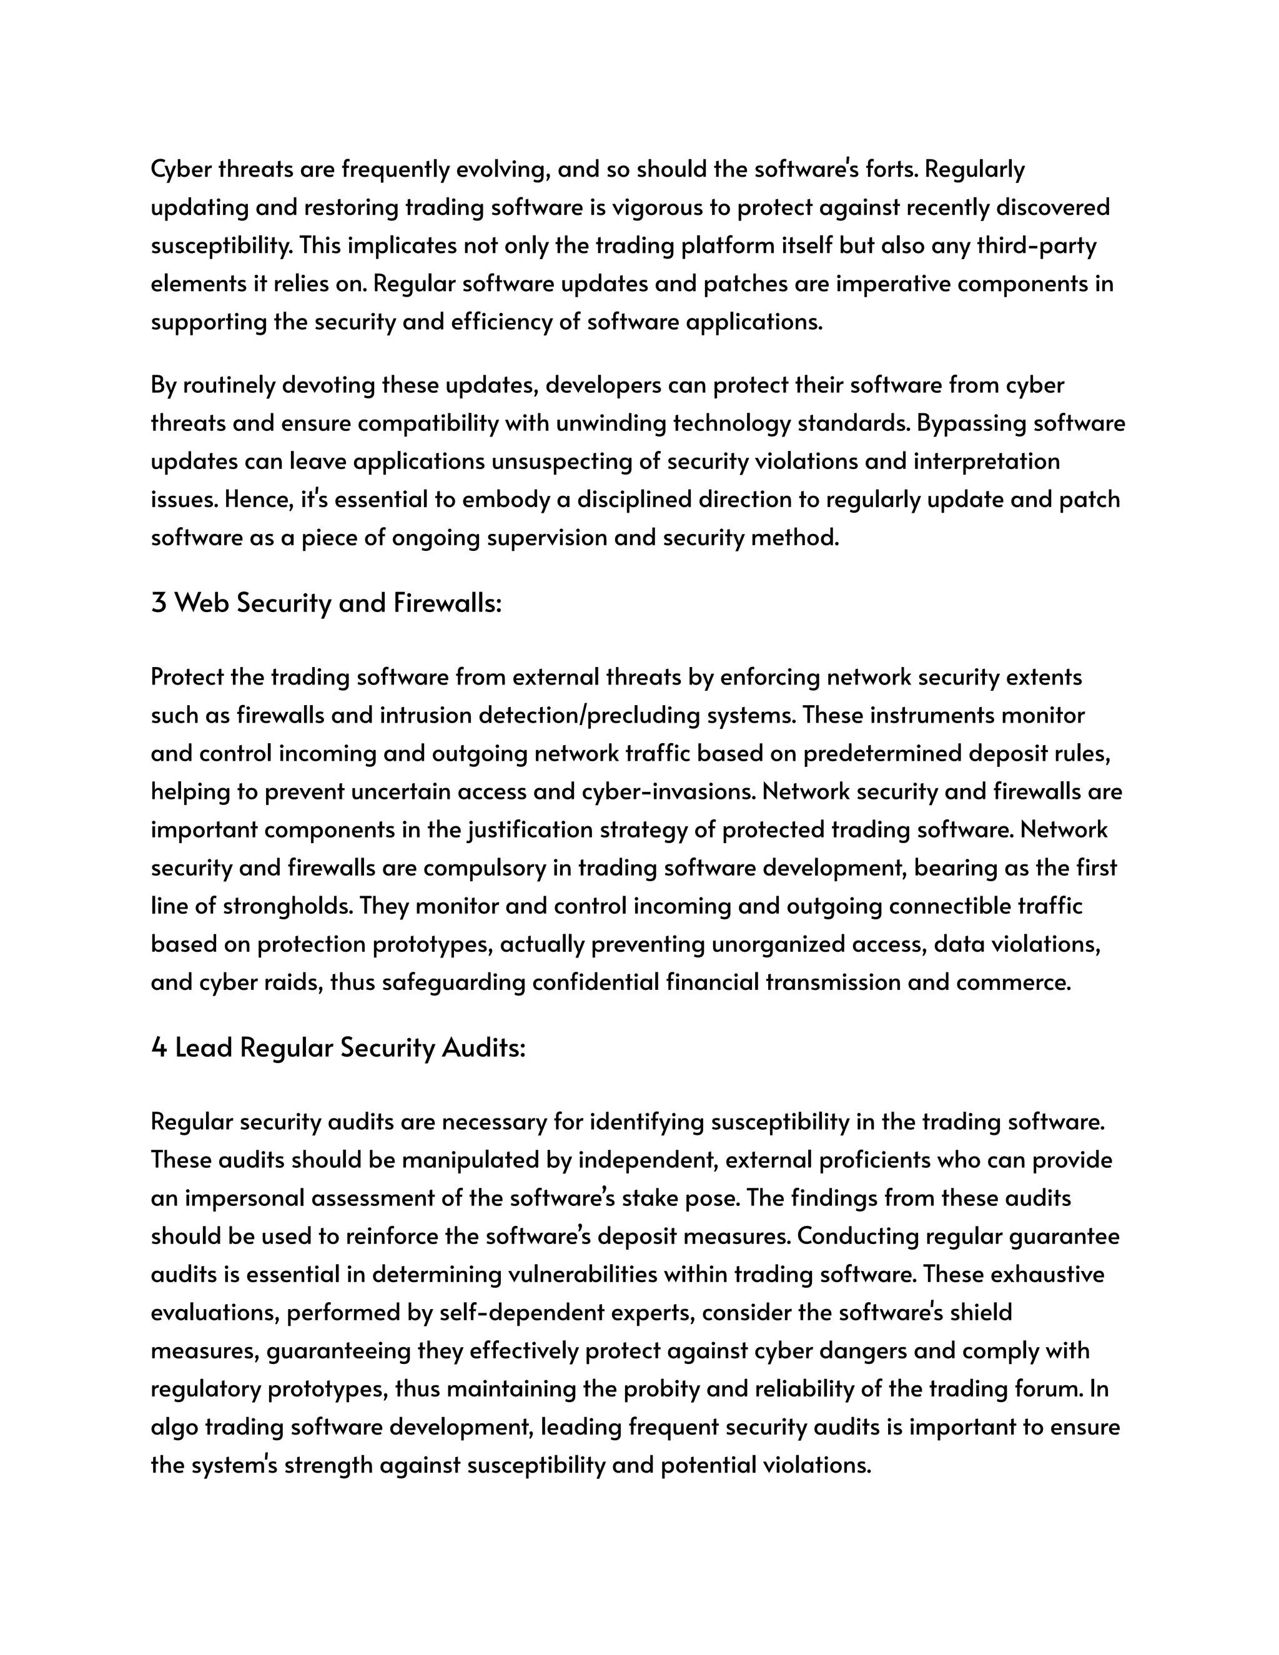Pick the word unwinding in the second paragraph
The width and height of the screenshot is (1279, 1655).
(611, 423)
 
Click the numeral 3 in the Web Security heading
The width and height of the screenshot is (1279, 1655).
(159, 603)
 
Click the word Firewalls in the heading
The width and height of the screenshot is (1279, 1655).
(447, 603)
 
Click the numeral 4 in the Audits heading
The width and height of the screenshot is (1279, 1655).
(159, 1048)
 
